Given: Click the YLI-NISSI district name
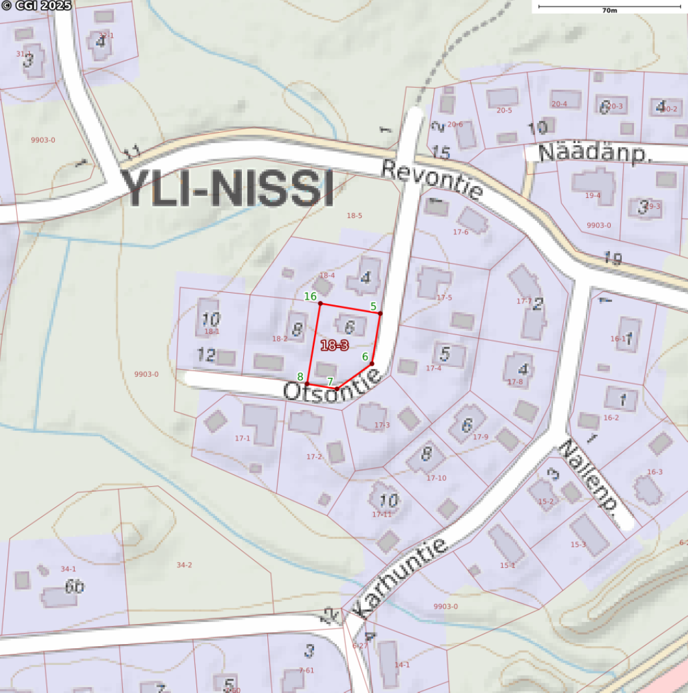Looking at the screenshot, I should pos(228,189).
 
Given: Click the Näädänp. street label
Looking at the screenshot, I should pos(594,154).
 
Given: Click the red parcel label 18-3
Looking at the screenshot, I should pos(334,346).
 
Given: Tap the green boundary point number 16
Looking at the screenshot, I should pos(311,296).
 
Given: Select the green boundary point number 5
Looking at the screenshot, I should pos(373,306).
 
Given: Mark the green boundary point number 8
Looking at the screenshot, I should pos(300,376).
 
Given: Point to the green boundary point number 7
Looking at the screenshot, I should pos(330,381).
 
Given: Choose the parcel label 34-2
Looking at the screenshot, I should pos(185,565).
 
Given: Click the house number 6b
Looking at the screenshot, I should pos(74,586).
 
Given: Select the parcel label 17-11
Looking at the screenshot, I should pos(382,514).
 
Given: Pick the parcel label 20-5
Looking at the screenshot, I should pos(504,110).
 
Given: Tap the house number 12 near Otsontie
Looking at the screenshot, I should pos(206,355).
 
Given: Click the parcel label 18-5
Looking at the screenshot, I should pos(354,215).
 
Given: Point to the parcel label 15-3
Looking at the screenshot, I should pos(578,544).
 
